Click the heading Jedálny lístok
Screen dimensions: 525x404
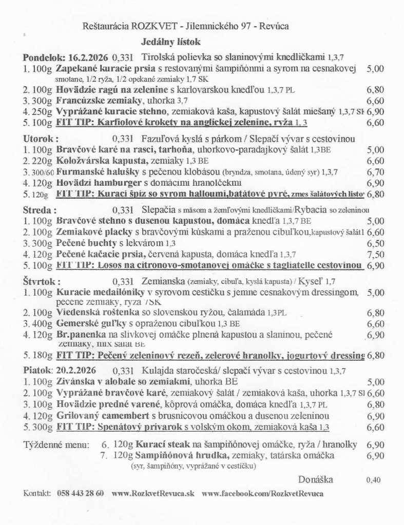coord(171,42)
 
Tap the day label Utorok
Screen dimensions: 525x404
coord(40,139)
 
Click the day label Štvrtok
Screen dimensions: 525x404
coord(42,281)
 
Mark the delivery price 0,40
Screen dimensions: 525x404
coord(374,480)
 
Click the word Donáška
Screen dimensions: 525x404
coord(315,480)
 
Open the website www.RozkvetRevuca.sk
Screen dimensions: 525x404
coord(153,493)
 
